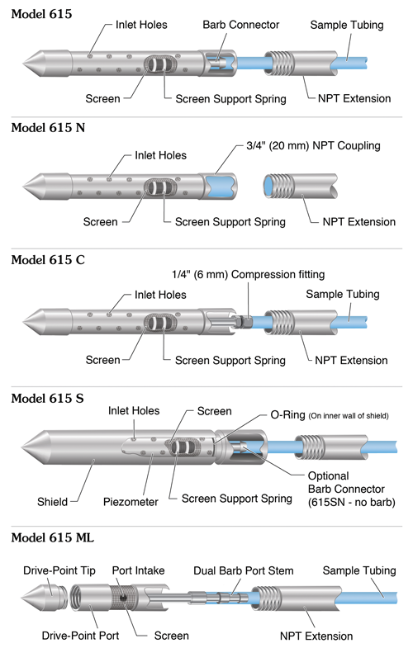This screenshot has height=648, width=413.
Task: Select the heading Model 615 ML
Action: tap(64, 537)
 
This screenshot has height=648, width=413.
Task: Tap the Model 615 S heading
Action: tap(59, 398)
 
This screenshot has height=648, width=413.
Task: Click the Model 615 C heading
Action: tap(59, 259)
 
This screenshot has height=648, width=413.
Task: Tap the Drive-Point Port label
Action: tap(79, 636)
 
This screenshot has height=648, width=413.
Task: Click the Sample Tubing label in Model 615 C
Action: tap(344, 293)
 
